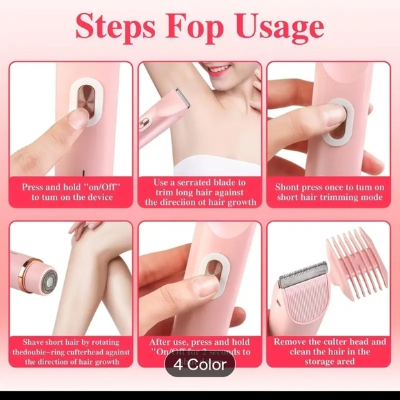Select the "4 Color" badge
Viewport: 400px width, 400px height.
199,364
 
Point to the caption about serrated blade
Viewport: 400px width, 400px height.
200,192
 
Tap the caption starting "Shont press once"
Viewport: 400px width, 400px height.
329,192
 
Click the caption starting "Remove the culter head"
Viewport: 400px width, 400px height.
330,351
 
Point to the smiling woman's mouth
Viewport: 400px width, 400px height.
219,70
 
